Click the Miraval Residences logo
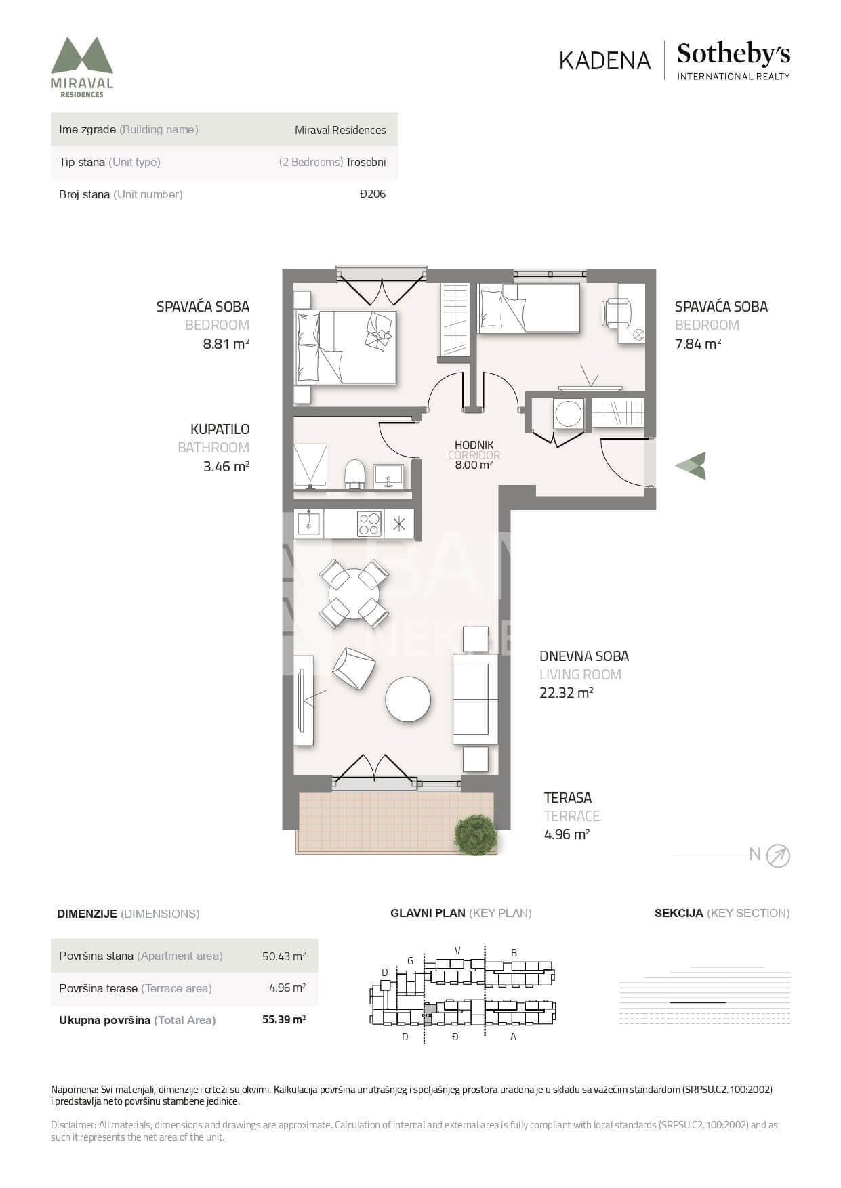coord(82,67)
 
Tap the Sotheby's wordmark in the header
coord(733,54)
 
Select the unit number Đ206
coord(373,194)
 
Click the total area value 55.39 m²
coord(284,1019)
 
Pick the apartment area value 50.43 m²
coord(284,956)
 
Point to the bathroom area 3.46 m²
coord(226,466)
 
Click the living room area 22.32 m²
coord(567,692)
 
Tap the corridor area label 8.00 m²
coord(474,465)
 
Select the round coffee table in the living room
coord(408,699)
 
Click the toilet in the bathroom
coord(354,474)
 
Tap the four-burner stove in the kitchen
coord(369,524)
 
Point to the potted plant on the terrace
coord(476,834)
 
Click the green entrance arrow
coord(691,465)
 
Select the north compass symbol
coord(778,856)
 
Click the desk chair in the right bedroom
coord(616,314)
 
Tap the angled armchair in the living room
coord(354,668)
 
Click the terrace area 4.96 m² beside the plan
coord(567,834)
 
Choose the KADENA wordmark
coord(604,60)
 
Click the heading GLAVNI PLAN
coord(428,913)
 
